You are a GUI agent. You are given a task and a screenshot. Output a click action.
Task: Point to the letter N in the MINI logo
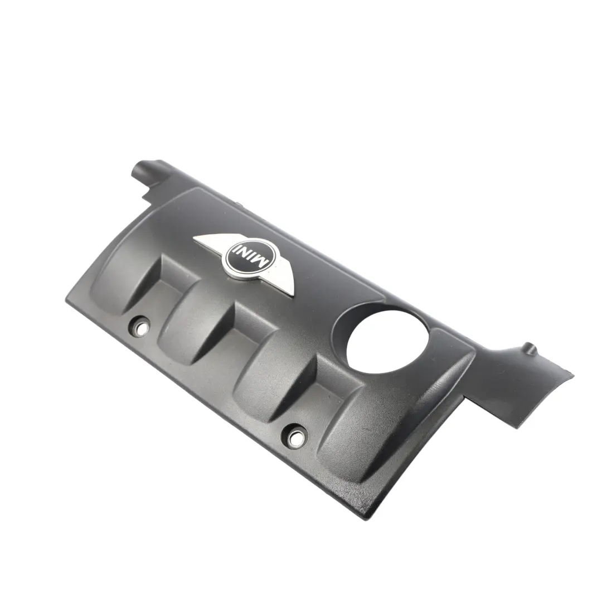[246, 254]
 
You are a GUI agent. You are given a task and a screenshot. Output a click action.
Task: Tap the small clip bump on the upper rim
[234, 205]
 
